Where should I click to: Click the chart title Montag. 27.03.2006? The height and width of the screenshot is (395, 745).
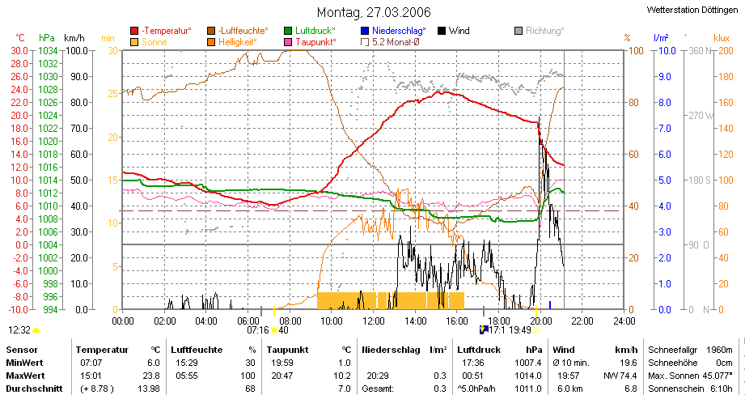coord(373,12)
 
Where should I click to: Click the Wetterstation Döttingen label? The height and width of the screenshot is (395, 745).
coord(694,10)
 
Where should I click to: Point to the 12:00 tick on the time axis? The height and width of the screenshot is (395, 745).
coord(373,320)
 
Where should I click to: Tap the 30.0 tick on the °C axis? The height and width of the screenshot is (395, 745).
coord(19,50)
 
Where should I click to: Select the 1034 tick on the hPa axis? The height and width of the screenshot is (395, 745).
coord(47,50)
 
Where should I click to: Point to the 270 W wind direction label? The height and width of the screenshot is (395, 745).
coord(700,115)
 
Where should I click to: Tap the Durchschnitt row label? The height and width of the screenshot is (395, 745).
coord(30,389)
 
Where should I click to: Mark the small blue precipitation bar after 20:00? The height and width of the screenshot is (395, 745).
coord(550,304)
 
